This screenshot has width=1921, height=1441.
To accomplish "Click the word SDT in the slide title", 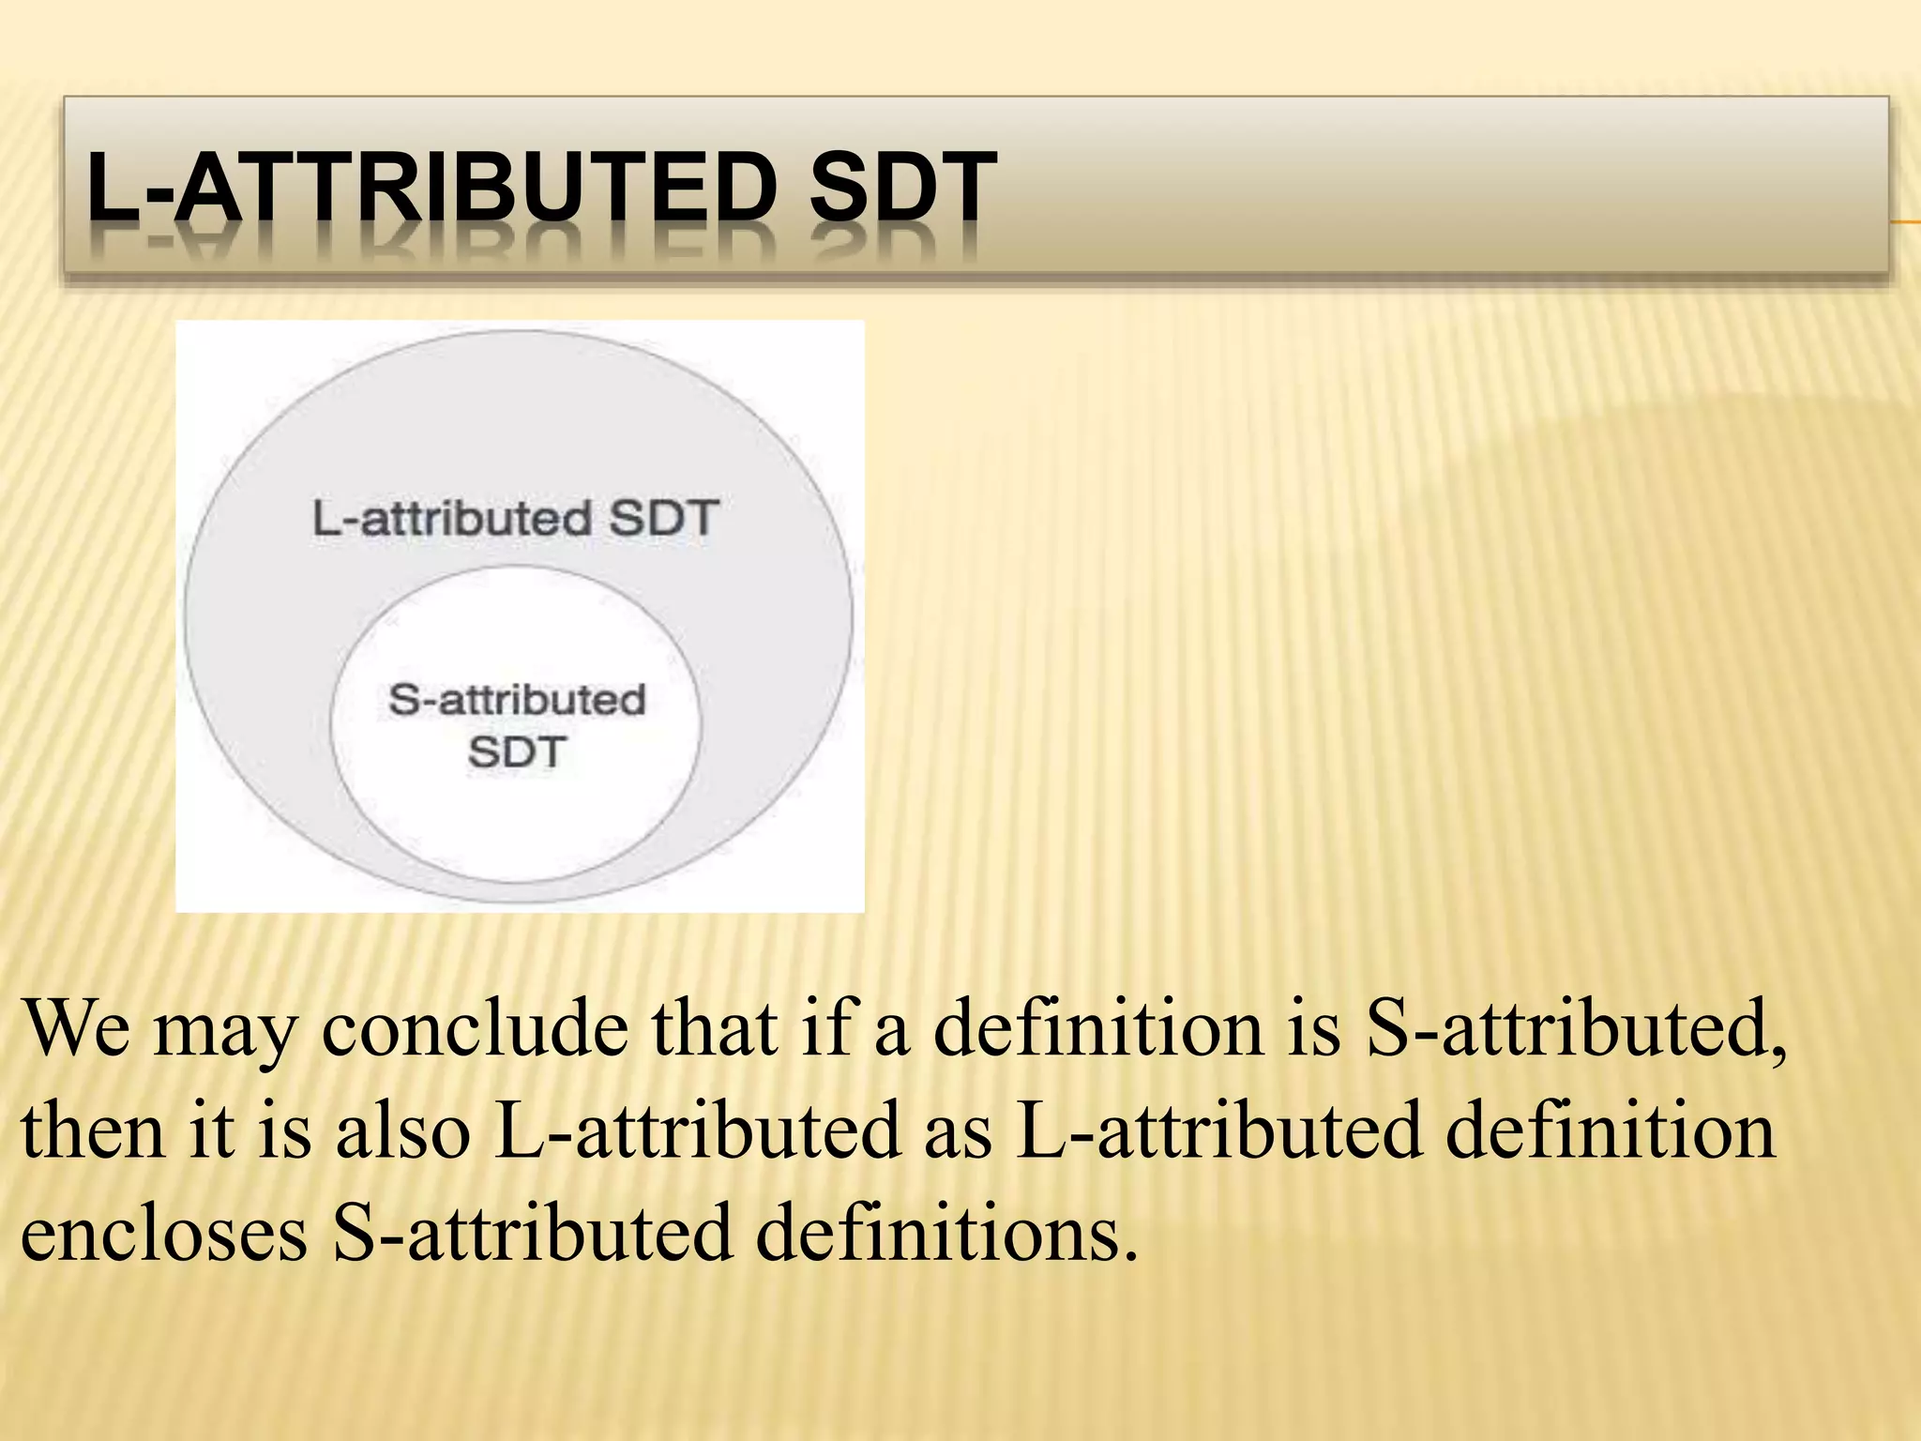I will pyautogui.click(x=901, y=188).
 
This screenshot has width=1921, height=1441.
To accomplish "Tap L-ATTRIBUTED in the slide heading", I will pyautogui.click(x=431, y=188).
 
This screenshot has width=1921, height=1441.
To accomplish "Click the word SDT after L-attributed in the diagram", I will pyautogui.click(x=663, y=518).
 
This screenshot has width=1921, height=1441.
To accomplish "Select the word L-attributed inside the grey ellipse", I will pyautogui.click(x=451, y=518).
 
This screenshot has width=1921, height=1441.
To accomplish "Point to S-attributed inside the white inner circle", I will pyautogui.click(x=517, y=700).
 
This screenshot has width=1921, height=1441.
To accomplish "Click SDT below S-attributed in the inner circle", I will pyautogui.click(x=517, y=751).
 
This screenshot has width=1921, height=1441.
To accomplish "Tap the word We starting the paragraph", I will pyautogui.click(x=77, y=1029).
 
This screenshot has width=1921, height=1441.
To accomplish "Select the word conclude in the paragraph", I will pyautogui.click(x=475, y=1029).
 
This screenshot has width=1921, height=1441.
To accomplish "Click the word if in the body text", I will pyautogui.click(x=825, y=1029).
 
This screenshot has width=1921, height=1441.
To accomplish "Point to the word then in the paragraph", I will pyautogui.click(x=93, y=1131).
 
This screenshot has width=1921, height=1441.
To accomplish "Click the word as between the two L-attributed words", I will pyautogui.click(x=958, y=1135).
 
